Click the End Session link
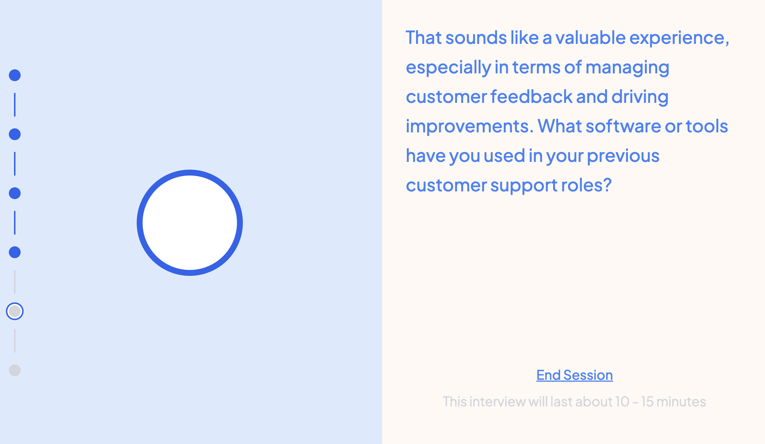574,375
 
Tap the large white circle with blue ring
190,223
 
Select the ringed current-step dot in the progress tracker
15,311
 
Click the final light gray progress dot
15,370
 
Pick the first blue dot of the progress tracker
15,75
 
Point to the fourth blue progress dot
15,252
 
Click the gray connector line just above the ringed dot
15,282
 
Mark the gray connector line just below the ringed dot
15,341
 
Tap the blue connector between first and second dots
15,105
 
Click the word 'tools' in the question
707,126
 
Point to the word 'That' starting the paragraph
424,38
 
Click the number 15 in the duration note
647,402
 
